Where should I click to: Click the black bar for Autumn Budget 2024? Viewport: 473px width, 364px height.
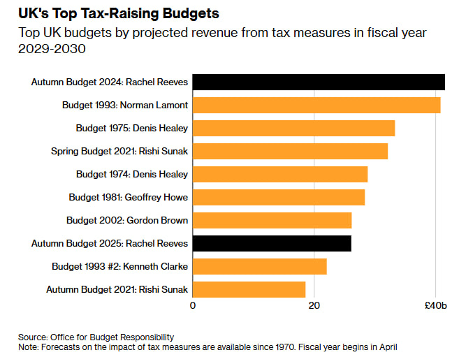click(319, 82)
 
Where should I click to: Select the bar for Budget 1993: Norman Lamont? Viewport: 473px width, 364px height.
click(316, 105)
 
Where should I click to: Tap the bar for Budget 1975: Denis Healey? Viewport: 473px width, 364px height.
click(293, 129)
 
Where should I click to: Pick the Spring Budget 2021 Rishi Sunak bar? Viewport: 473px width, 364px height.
click(290, 151)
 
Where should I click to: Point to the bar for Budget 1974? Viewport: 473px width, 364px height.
click(280, 174)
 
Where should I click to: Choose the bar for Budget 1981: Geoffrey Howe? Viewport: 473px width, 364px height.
click(279, 197)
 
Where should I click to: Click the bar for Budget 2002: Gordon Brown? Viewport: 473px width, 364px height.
click(272, 220)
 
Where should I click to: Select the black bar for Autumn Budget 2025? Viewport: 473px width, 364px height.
click(272, 243)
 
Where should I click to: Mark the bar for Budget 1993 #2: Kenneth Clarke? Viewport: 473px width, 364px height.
click(259, 266)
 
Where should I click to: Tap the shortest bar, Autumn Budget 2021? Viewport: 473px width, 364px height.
click(249, 289)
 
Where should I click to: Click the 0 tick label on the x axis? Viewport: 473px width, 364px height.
click(193, 305)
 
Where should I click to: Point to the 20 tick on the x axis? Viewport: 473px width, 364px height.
click(314, 305)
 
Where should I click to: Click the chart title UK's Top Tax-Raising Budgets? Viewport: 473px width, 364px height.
click(119, 13)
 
